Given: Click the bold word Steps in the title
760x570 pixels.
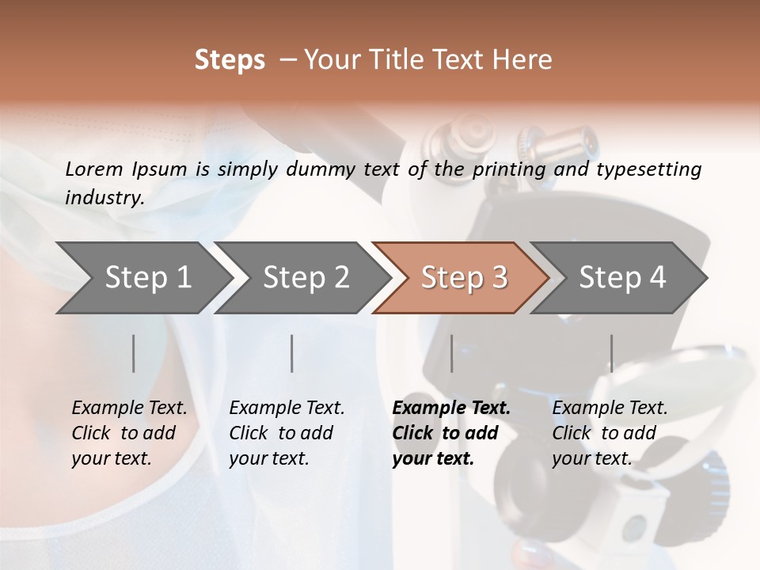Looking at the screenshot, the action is pos(230,61).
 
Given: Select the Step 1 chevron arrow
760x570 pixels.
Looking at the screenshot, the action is pos(145,278).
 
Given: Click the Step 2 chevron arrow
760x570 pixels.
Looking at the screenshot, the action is pos(303,278).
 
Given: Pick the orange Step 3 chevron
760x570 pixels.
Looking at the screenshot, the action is pos(461,278).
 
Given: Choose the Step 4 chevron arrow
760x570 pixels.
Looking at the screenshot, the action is pos(619,278).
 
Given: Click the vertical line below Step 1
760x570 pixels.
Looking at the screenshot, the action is pos(133,353).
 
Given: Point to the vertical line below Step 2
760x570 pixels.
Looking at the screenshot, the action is pos(292,353).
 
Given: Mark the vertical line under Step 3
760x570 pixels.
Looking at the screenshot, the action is pos(452,353).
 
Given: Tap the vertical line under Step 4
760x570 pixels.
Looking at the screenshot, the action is pos(612,353).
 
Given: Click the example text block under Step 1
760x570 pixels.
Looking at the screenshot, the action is pos(129,433).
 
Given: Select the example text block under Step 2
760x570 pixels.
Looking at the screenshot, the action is pos(287,433).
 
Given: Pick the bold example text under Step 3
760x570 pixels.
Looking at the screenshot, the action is pos(451,433).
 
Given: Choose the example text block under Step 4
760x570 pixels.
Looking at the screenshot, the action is pos(610,433).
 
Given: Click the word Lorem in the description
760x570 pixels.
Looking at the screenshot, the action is pos(94,169).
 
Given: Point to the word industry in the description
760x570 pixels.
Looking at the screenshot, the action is pos(104,198).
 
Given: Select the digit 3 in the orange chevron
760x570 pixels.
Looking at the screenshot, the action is pos(500,277).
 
